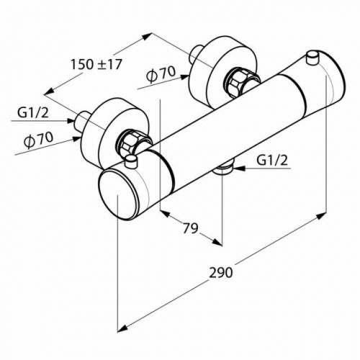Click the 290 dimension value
[221, 273]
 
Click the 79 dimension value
[190, 228]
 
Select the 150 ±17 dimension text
[96, 64]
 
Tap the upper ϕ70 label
[161, 74]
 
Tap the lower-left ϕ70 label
[38, 140]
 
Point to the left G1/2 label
[33, 113]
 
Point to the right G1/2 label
[272, 160]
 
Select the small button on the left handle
[131, 161]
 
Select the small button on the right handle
[312, 58]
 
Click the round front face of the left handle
[117, 193]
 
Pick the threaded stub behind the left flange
[81, 122]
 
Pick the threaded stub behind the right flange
[196, 55]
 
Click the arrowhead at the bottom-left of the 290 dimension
[122, 328]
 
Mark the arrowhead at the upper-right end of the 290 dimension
[321, 216]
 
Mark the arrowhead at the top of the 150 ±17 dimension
[147, 37]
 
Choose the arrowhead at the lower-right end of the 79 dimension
[217, 243]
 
